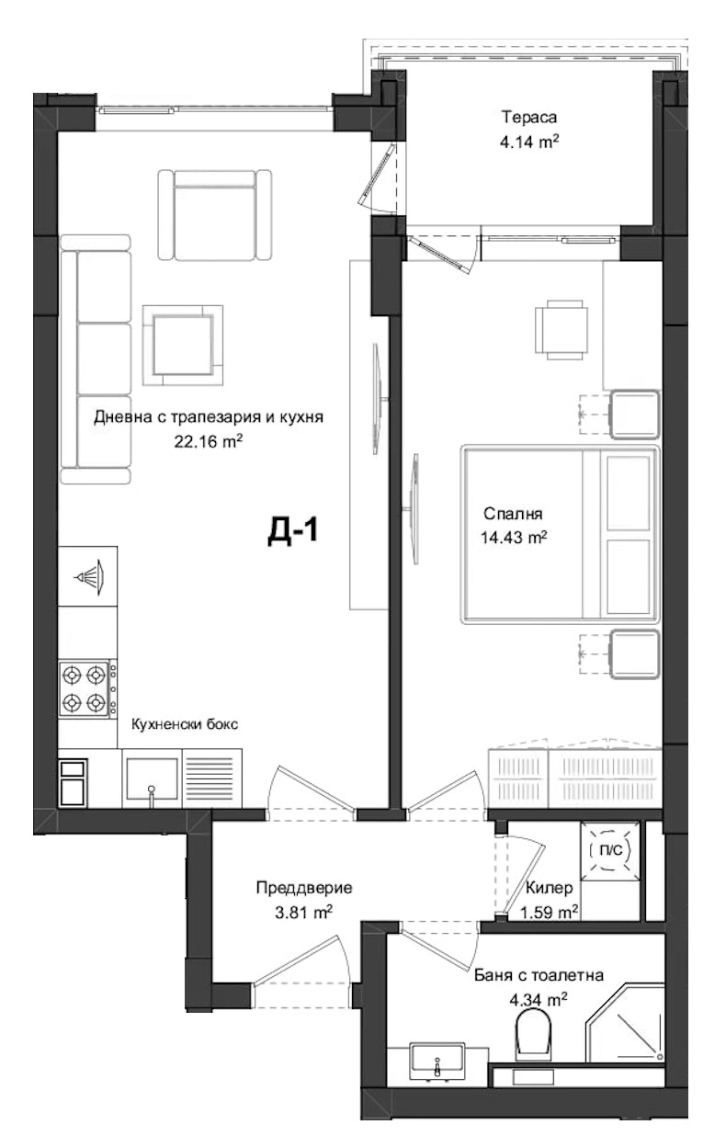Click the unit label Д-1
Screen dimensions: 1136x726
coord(292,531)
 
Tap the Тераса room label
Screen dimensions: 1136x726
coord(529,118)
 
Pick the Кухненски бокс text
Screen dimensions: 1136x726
coord(184,723)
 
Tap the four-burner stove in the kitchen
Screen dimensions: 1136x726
coord(84,690)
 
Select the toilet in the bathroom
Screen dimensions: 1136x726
coord(532,1033)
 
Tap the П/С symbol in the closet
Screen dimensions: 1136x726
coord(610,851)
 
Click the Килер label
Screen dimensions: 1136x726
coord(550,889)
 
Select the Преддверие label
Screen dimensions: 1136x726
coord(291,889)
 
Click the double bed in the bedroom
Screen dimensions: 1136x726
coord(561,535)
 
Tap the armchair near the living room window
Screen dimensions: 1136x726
coord(214,215)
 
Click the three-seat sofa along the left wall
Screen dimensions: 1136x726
coord(96,358)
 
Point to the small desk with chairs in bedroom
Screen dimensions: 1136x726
coord(561,330)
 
